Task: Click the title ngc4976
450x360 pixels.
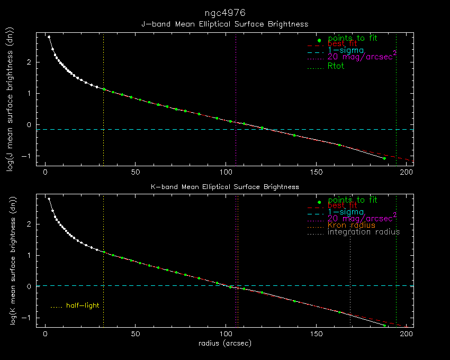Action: [224, 12]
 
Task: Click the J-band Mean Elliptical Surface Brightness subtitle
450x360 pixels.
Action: [224, 24]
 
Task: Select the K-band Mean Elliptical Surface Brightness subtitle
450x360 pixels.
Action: [224, 186]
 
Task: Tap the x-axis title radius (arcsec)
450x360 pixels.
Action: [224, 343]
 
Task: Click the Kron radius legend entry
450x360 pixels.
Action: [351, 225]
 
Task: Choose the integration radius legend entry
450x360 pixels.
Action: [363, 232]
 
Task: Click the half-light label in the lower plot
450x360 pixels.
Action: [82, 305]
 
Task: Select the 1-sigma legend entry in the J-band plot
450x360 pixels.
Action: [346, 50]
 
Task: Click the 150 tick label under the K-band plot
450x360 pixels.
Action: [316, 335]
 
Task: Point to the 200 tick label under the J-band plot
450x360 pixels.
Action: [406, 173]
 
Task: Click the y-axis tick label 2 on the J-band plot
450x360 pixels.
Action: [30, 62]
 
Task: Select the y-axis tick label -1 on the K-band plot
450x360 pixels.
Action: [28, 318]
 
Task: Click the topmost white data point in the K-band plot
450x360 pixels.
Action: [49, 199]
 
